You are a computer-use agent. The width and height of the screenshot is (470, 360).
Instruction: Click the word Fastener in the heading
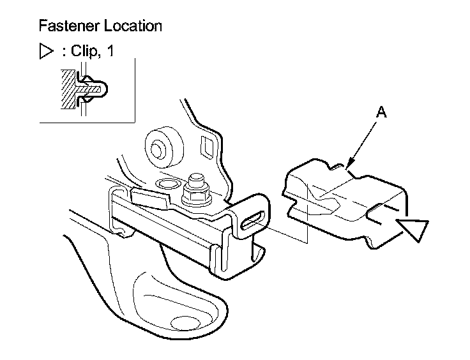[64, 26]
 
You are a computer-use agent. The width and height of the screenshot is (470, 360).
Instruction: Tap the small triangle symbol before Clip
[45, 52]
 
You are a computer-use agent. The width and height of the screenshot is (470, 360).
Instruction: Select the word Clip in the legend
[82, 52]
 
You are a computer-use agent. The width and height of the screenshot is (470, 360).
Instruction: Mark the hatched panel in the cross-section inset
[66, 90]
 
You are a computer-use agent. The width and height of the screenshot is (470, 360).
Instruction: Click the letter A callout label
[381, 112]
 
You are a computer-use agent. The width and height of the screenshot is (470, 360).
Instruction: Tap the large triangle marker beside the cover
[413, 229]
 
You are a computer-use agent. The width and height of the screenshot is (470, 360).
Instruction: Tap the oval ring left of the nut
[167, 184]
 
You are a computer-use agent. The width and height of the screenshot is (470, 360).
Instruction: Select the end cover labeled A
[345, 204]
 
